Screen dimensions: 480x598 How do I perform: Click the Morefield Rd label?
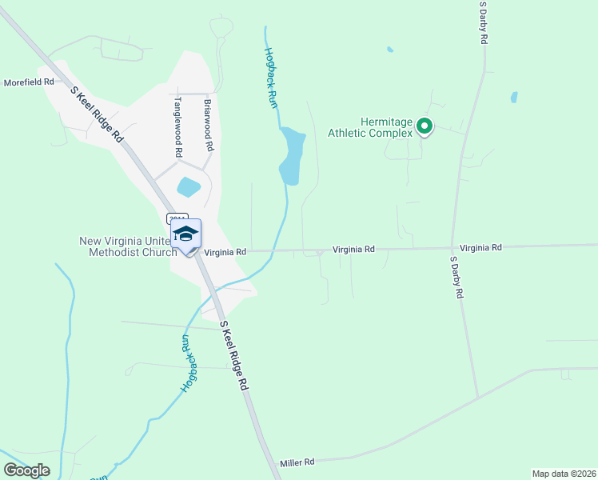[29, 82]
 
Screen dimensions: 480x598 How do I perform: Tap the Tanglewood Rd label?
[178, 126]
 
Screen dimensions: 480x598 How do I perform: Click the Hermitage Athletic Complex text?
[370, 127]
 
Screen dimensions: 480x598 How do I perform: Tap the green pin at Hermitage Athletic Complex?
[425, 126]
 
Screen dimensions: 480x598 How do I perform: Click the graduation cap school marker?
[185, 234]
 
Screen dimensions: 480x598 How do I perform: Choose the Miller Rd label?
[297, 462]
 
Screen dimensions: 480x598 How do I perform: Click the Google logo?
[26, 470]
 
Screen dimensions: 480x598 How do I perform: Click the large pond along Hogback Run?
[292, 155]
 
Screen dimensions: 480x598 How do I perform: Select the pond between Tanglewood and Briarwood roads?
[189, 187]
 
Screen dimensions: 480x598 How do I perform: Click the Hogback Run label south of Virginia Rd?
[185, 364]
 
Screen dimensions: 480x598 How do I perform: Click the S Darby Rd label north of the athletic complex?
[483, 22]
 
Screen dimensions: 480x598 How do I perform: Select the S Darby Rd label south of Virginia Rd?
[456, 278]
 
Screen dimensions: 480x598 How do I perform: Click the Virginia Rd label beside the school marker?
[225, 252]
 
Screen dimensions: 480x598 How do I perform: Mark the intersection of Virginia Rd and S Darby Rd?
[452, 248]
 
